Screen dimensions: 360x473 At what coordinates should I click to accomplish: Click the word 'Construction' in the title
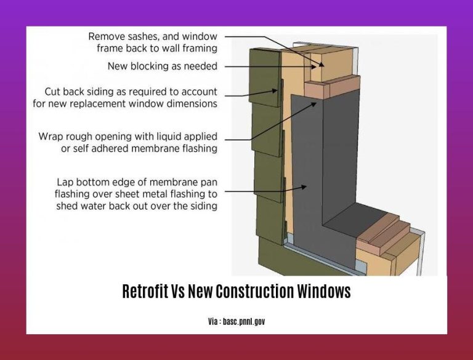(255, 291)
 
